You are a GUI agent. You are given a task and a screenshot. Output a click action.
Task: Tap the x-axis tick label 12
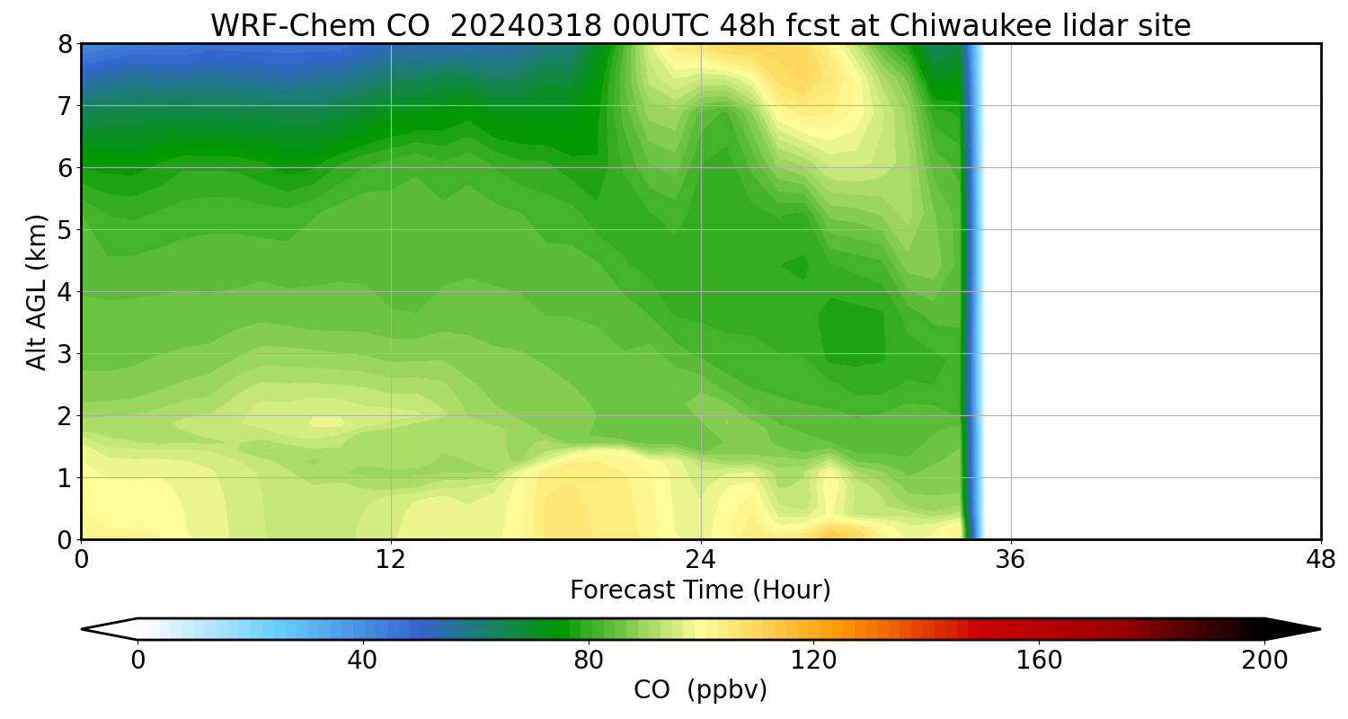(x=391, y=560)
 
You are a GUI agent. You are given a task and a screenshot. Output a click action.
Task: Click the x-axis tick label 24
(x=701, y=560)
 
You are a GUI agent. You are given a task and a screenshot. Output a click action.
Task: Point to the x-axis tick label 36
(x=1011, y=560)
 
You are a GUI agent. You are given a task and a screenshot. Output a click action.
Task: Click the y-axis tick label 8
(x=64, y=44)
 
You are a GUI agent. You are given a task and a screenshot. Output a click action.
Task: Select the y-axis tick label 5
(x=64, y=230)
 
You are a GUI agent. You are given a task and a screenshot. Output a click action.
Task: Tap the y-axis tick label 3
(x=64, y=354)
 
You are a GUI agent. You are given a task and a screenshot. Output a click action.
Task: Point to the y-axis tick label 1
(x=64, y=478)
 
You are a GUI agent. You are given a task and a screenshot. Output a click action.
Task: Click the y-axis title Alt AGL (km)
(x=37, y=292)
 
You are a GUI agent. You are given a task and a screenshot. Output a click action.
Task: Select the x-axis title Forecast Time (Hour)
(x=700, y=590)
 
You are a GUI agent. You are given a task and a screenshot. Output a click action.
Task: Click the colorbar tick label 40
(x=362, y=661)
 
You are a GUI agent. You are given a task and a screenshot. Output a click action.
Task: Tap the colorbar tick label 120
(x=813, y=661)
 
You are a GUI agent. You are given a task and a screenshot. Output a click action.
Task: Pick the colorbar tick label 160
(x=1039, y=661)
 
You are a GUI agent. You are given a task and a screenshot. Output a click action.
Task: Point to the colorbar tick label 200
(x=1264, y=661)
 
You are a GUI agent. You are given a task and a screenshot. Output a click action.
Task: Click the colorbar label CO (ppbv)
(x=700, y=690)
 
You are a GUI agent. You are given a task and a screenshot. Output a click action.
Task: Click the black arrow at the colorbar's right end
(x=1294, y=629)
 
